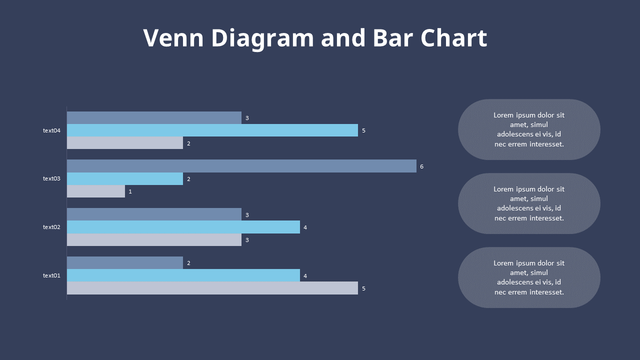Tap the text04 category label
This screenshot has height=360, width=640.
click(51, 130)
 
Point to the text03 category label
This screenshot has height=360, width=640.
click(51, 178)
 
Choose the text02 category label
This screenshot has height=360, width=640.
click(51, 227)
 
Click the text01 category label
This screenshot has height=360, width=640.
click(51, 275)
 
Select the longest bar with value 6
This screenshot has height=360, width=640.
click(241, 166)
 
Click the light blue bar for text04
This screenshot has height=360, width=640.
click(212, 130)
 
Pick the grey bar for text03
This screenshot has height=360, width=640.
click(96, 191)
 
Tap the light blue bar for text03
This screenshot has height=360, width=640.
click(125, 178)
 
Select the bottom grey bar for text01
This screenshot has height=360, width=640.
click(212, 288)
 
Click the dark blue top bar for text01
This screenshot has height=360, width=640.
click(125, 262)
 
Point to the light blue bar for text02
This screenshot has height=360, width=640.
click(183, 227)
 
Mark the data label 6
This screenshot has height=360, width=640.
click(421, 166)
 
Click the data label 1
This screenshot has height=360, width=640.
click(130, 191)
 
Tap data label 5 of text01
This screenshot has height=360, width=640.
click(363, 288)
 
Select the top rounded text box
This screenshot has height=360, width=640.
click(529, 129)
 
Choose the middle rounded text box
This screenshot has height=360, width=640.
click(529, 203)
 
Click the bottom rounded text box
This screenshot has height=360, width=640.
click(529, 277)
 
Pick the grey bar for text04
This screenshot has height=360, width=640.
click(125, 143)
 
